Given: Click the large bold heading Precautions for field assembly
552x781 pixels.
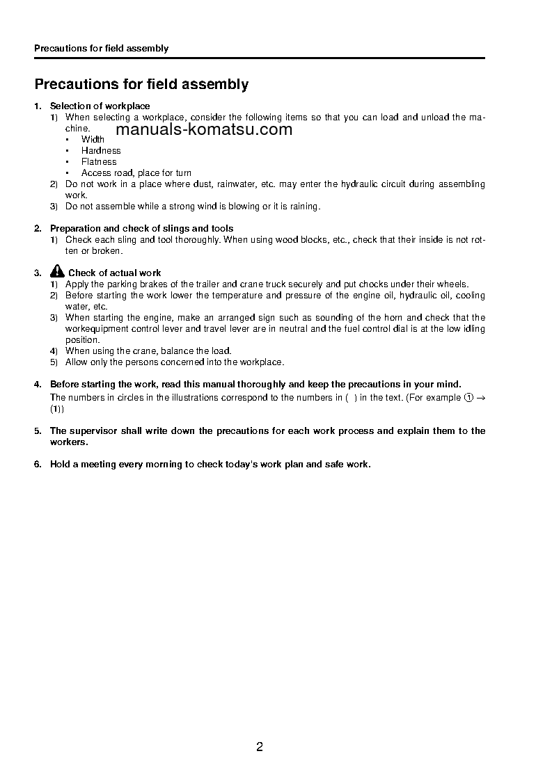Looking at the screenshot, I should (x=141, y=85).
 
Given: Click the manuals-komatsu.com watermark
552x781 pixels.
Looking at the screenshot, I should (x=204, y=130).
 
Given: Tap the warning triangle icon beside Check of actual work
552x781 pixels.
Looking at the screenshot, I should (x=58, y=272).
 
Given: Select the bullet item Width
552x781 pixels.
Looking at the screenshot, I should (x=93, y=140).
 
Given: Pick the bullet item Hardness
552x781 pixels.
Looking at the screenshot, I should (x=101, y=151).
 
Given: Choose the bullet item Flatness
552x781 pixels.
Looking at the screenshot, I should (x=99, y=162).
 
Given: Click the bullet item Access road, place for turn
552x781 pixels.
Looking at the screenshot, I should (x=136, y=173).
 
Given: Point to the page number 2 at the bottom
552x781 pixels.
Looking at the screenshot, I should (x=260, y=748).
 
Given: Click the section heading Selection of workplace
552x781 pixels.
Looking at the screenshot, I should (x=100, y=106).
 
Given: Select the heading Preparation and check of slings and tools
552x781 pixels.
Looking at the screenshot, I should (x=141, y=229).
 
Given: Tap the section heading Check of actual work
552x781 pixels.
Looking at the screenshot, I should (x=114, y=273).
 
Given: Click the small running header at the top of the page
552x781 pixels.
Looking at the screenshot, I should (x=101, y=49).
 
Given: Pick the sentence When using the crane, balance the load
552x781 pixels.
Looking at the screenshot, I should (x=148, y=351).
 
